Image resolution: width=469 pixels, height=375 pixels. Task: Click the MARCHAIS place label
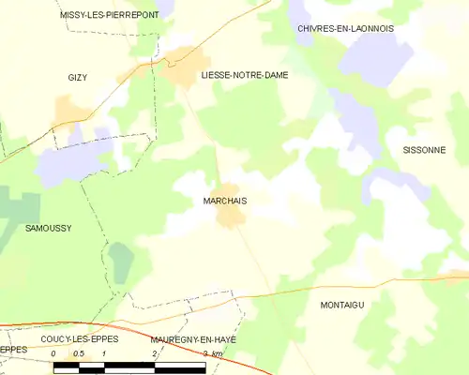pyautogui.click(x=224, y=200)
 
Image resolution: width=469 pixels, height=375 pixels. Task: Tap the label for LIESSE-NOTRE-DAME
pyautogui.click(x=245, y=74)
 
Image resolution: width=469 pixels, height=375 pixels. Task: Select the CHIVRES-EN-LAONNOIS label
pyautogui.click(x=345, y=29)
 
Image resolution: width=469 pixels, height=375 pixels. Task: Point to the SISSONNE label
pyautogui.click(x=424, y=150)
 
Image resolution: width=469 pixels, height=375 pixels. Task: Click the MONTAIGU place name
pyautogui.click(x=341, y=305)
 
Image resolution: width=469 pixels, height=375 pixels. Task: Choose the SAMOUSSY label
pyautogui.click(x=49, y=228)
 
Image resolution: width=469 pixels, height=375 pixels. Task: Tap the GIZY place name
pyautogui.click(x=77, y=77)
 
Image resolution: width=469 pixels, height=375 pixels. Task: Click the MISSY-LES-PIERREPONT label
pyautogui.click(x=109, y=15)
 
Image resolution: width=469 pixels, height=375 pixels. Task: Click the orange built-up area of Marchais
pyautogui.click(x=230, y=217)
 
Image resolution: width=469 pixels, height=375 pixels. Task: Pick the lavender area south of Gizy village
pyautogui.click(x=70, y=161)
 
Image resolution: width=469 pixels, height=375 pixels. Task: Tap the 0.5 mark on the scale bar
pyautogui.click(x=79, y=353)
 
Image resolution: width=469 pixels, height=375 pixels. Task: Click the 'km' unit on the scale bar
pyautogui.click(x=218, y=353)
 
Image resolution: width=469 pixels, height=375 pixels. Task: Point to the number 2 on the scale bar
pyautogui.click(x=154, y=353)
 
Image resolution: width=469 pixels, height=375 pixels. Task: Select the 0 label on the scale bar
pyautogui.click(x=54, y=353)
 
